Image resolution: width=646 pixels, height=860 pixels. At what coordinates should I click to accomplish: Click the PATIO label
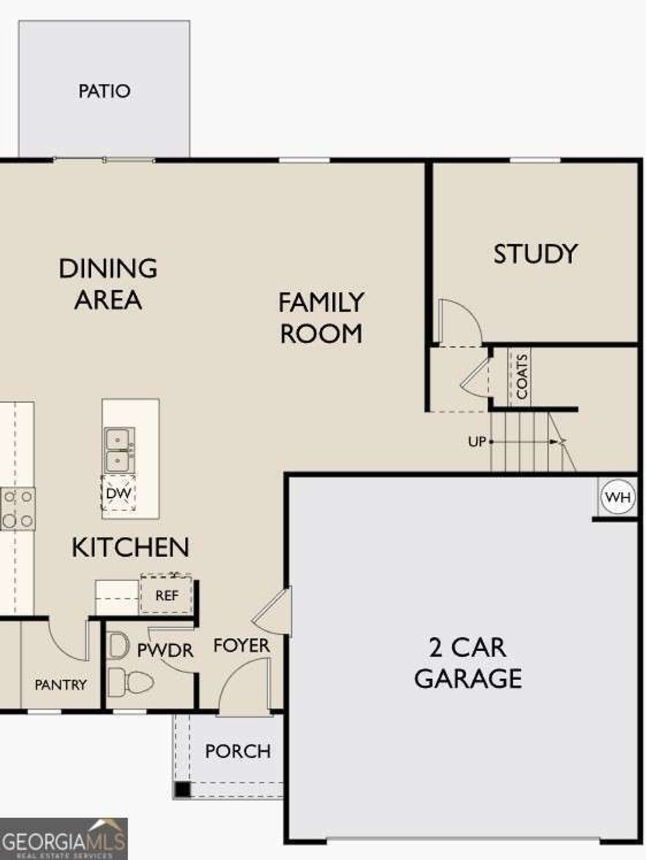(x=104, y=91)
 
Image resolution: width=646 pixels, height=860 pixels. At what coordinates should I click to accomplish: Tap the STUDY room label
(x=535, y=254)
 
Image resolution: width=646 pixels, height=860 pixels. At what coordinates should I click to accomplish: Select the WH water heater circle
(x=617, y=497)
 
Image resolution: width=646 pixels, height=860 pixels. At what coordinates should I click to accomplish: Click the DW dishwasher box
(x=119, y=493)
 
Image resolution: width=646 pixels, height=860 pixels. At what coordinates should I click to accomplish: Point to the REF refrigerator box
(x=167, y=595)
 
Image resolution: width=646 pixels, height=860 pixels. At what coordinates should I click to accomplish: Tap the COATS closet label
(x=521, y=377)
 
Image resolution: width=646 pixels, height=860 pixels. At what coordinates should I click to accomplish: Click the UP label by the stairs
(x=477, y=442)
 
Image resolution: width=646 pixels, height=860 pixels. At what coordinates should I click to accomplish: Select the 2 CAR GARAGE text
(x=467, y=663)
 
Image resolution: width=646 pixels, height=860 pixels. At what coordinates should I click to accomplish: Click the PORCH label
(x=238, y=751)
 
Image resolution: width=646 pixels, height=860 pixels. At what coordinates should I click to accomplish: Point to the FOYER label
(x=241, y=645)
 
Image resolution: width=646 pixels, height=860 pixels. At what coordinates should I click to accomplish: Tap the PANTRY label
(x=61, y=685)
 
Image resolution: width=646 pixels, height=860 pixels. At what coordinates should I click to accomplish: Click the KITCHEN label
(x=130, y=547)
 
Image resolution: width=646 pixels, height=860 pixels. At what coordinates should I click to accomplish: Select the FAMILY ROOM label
(x=321, y=318)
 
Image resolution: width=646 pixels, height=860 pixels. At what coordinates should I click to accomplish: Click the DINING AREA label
(x=108, y=284)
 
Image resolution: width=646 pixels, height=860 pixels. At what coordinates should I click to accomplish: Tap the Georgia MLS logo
(x=64, y=839)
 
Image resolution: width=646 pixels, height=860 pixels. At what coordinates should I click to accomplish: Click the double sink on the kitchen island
(x=119, y=450)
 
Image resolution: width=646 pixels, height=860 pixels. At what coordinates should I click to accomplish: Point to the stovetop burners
(x=17, y=509)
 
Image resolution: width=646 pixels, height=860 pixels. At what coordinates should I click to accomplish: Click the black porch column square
(x=182, y=789)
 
